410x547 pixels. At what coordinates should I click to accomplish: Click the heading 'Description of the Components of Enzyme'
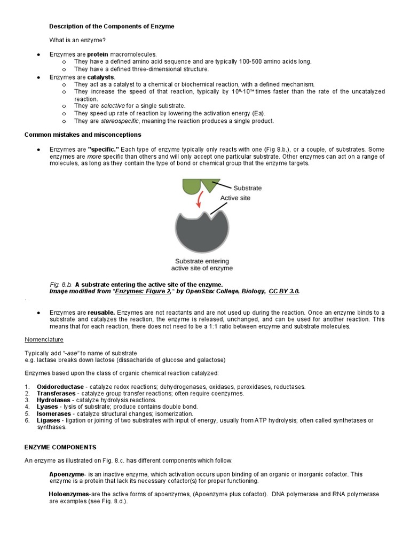click(112, 26)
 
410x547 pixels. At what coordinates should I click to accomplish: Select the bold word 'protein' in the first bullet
click(98, 54)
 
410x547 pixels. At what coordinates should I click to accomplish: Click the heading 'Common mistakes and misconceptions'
click(83, 135)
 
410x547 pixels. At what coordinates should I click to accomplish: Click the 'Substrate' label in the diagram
click(247, 188)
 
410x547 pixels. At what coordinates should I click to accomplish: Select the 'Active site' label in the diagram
click(235, 198)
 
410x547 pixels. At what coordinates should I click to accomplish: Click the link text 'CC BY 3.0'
click(283, 291)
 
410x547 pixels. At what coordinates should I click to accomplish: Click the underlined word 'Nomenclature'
click(44, 339)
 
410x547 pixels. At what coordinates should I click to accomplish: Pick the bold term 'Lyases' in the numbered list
click(48, 407)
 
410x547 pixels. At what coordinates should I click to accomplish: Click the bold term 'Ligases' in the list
click(49, 420)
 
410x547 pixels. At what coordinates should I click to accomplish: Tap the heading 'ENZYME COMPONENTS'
click(60, 447)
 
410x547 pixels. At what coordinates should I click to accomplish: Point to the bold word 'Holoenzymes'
click(69, 495)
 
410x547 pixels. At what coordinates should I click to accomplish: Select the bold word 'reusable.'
click(101, 312)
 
